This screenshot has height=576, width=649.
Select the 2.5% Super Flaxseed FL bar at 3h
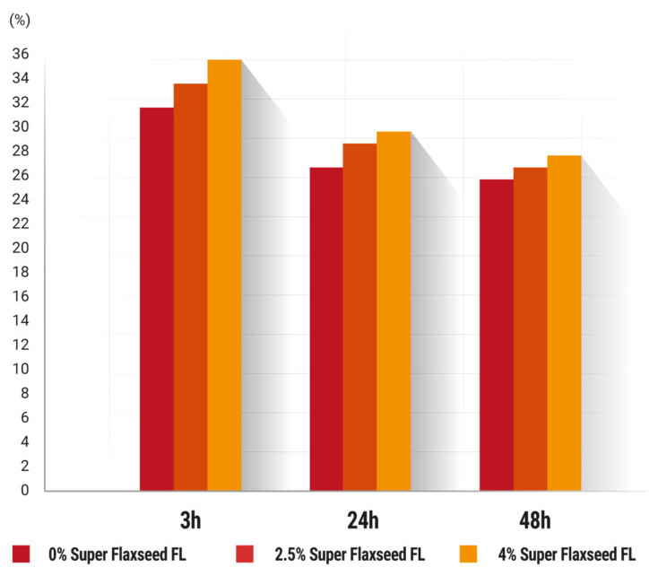[190, 287]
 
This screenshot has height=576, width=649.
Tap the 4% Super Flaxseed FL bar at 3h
[224, 275]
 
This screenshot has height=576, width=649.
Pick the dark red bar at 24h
[326, 328]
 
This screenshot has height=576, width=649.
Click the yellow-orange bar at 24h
[394, 310]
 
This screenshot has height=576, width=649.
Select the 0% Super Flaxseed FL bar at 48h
[497, 335]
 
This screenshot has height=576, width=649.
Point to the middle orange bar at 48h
[530, 328]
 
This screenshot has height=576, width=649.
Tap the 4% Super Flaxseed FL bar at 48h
[564, 323]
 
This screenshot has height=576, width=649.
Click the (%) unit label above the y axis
[19, 19]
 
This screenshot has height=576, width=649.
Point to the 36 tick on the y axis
[20, 54]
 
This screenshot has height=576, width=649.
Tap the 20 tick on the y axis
[20, 248]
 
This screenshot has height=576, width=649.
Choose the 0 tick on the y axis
[24, 490]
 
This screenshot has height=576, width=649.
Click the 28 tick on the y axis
[20, 151]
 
